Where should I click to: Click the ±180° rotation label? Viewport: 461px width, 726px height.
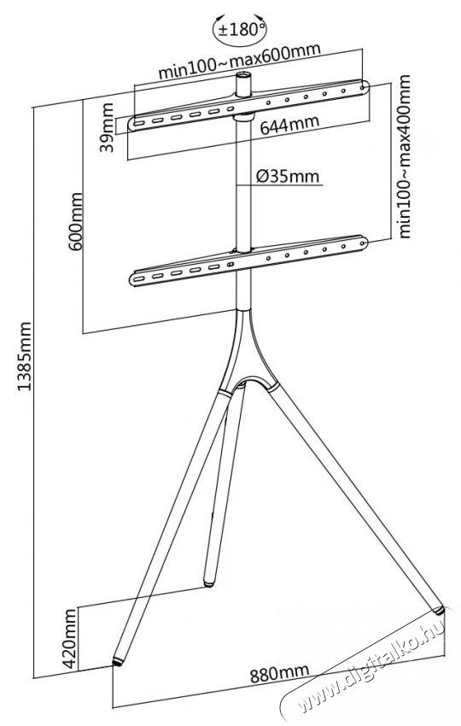pyautogui.click(x=239, y=30)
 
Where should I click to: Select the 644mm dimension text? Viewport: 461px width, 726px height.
pyautogui.click(x=289, y=125)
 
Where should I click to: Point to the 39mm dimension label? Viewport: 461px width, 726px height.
pyautogui.click(x=108, y=127)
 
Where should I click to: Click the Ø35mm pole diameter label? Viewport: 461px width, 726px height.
pyautogui.click(x=287, y=177)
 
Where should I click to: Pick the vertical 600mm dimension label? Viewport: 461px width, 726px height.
pyautogui.click(x=75, y=222)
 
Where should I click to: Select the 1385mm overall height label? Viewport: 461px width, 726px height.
pyautogui.click(x=24, y=356)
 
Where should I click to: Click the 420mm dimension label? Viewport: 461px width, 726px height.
pyautogui.click(x=69, y=639)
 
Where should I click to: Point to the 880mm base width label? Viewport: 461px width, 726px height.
pyautogui.click(x=279, y=673)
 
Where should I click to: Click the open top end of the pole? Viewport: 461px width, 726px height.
pyautogui.click(x=243, y=74)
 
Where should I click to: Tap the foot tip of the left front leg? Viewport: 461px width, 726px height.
pyautogui.click(x=118, y=662)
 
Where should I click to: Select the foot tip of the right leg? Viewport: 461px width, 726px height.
pyautogui.click(x=437, y=609)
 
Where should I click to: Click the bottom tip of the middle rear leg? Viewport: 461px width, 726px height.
pyautogui.click(x=209, y=583)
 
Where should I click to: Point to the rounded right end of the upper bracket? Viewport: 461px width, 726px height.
pyautogui.click(x=365, y=86)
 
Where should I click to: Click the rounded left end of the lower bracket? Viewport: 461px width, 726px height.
pyautogui.click(x=135, y=279)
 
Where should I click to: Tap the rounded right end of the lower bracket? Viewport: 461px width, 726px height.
pyautogui.click(x=363, y=243)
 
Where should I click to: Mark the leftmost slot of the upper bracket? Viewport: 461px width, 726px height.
pyautogui.click(x=139, y=123)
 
